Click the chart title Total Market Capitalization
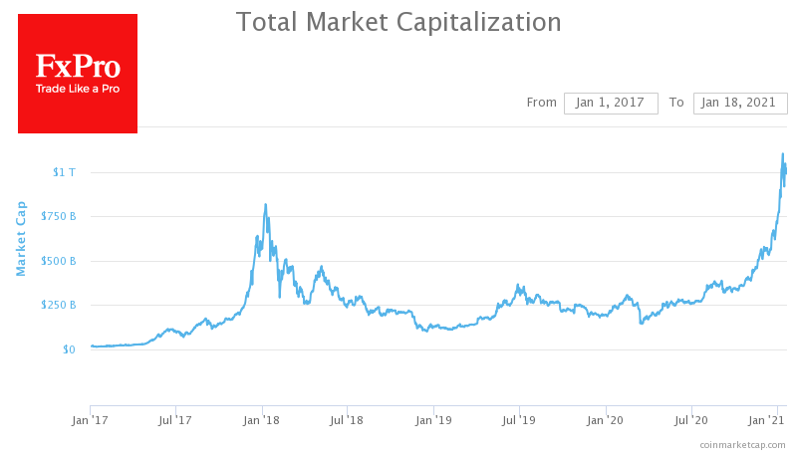coord(398,22)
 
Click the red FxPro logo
coord(78,74)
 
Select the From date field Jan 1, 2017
coord(611,103)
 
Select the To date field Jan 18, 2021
coord(740,103)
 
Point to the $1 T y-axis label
coord(64,172)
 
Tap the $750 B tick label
coord(59,217)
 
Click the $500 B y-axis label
coord(59,261)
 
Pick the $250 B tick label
coord(59,305)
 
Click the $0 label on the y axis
coord(68,349)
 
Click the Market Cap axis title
coord(20,239)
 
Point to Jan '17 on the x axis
coord(91,421)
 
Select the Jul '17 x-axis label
coord(176,421)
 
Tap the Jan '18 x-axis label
coord(262,421)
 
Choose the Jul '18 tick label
coord(347,421)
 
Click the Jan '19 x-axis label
coord(433,421)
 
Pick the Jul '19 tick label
coord(518,421)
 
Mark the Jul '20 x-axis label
coord(690,421)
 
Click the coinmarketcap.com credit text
coord(742,444)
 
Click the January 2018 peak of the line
coord(265,205)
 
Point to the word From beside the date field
coord(541,103)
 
